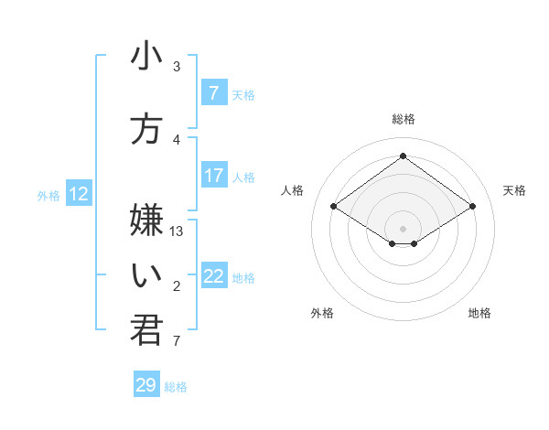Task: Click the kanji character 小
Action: [x=146, y=57]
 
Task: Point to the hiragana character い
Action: [x=146, y=274]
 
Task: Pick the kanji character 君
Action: [x=146, y=330]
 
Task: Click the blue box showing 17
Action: [x=214, y=176]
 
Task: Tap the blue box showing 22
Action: [x=214, y=277]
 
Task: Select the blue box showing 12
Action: [x=79, y=194]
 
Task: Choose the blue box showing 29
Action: [x=145, y=385]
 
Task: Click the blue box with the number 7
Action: [x=214, y=92]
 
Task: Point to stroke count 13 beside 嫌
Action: [x=178, y=231]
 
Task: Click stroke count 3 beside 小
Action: [x=177, y=67]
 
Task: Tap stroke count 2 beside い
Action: [x=177, y=287]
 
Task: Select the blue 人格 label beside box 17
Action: [x=243, y=177]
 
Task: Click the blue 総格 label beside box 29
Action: [x=176, y=387]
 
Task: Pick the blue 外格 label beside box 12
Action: [x=48, y=195]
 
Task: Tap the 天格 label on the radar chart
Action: [x=514, y=190]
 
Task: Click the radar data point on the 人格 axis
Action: [x=334, y=207]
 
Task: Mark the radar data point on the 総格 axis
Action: [x=403, y=156]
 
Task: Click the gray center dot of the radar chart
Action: [x=403, y=228]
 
